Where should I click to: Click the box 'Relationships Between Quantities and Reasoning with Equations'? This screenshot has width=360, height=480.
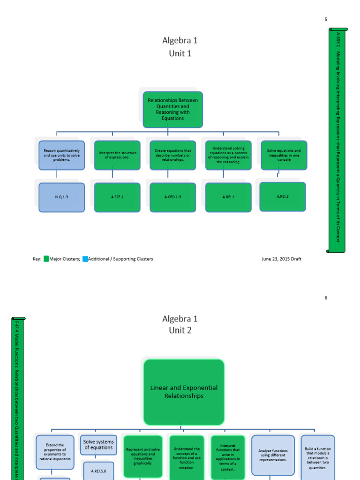coord(172,109)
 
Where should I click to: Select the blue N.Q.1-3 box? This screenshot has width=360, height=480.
coord(61,197)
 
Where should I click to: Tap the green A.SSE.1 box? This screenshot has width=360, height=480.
coord(117,197)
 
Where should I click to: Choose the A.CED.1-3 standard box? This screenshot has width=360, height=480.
coord(173,197)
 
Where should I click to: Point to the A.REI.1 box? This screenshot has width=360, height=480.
coord(228,197)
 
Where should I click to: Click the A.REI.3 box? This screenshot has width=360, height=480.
coord(283,196)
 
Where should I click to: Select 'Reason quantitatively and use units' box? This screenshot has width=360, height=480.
coord(61,155)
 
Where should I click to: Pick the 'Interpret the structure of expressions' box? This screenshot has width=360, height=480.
coord(117,155)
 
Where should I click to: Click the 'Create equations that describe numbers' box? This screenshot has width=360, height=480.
coord(173,155)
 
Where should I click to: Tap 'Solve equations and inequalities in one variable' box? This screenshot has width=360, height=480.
coord(284,155)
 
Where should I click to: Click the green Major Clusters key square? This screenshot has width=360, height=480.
coord(46,259)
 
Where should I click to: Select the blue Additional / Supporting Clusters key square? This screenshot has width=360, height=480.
coord(85,259)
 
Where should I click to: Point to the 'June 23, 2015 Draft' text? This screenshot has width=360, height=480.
coord(281,259)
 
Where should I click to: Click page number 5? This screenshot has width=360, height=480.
coord(326,20)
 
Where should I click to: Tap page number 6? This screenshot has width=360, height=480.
coord(326,298)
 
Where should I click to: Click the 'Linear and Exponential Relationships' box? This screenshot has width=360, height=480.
coord(184,392)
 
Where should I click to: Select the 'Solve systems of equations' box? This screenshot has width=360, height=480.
coord(98,445)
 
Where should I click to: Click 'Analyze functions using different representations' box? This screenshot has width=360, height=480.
coord(273,455)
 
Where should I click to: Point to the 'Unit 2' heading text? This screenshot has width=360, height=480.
coord(180,330)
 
